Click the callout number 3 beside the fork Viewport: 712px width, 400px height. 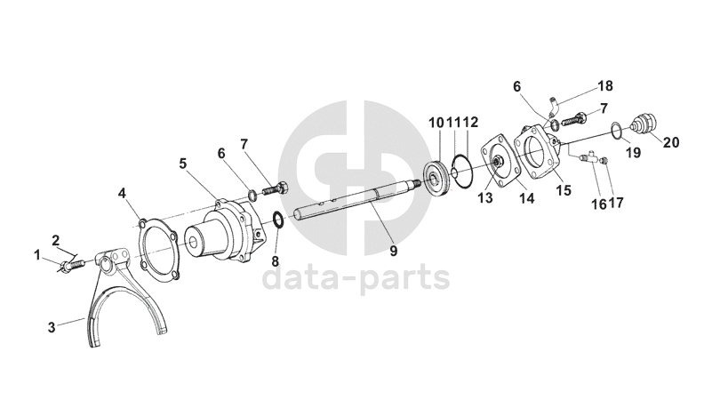[x=52, y=327]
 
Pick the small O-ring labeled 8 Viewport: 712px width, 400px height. [x=279, y=220]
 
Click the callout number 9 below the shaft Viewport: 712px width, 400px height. [x=393, y=251]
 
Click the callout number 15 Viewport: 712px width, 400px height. [x=564, y=190]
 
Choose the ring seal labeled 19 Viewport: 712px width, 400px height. [x=616, y=130]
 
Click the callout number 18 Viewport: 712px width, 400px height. [x=605, y=85]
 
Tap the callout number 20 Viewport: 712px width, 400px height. [x=671, y=142]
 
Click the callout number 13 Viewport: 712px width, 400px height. [x=485, y=198]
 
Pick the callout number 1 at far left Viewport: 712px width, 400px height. [x=37, y=255]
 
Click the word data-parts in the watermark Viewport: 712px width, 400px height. [x=356, y=278]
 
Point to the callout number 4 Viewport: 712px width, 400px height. [x=122, y=193]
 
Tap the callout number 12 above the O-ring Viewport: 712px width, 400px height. [x=471, y=122]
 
